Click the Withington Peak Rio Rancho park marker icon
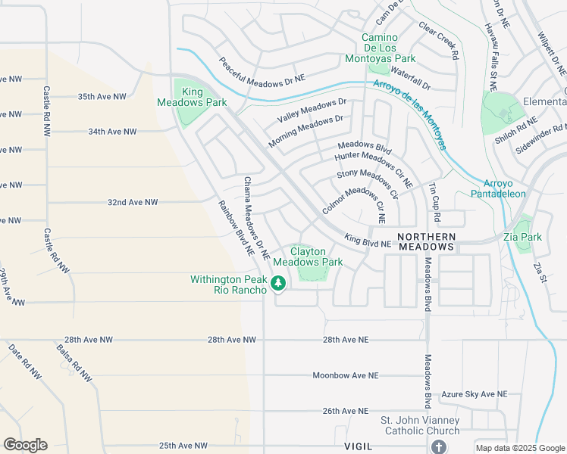(278, 285)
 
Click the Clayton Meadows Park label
(308, 257)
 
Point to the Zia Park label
(523, 237)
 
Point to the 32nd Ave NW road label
(133, 203)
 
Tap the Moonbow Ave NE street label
(346, 375)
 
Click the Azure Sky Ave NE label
(474, 394)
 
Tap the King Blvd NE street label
(367, 241)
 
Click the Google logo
(25, 445)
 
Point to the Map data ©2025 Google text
(519, 447)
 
